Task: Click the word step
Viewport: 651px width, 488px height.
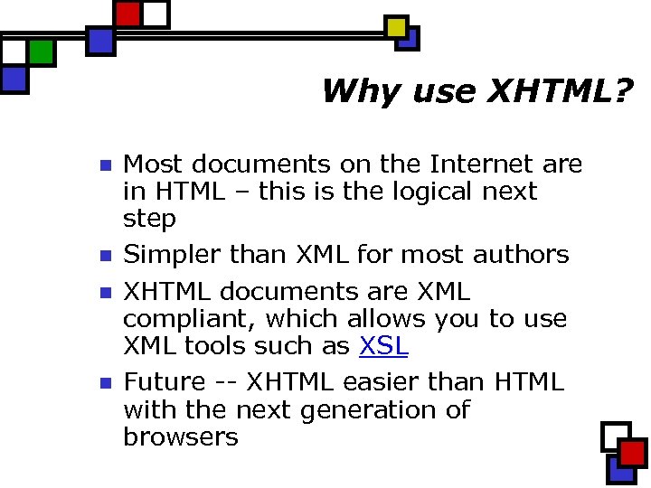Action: pyautogui.click(x=149, y=220)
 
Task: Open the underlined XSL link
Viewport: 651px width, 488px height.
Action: pyautogui.click(x=384, y=346)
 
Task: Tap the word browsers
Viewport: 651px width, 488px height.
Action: pyautogui.click(x=180, y=437)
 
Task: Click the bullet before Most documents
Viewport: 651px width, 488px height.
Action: pyautogui.click(x=103, y=166)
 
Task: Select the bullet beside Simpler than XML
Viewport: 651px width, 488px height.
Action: pyautogui.click(x=103, y=257)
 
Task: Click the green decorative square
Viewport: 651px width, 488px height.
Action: pyautogui.click(x=41, y=52)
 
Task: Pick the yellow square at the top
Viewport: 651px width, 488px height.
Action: pyautogui.click(x=396, y=27)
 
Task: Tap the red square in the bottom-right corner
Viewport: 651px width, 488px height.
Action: pyautogui.click(x=632, y=453)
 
